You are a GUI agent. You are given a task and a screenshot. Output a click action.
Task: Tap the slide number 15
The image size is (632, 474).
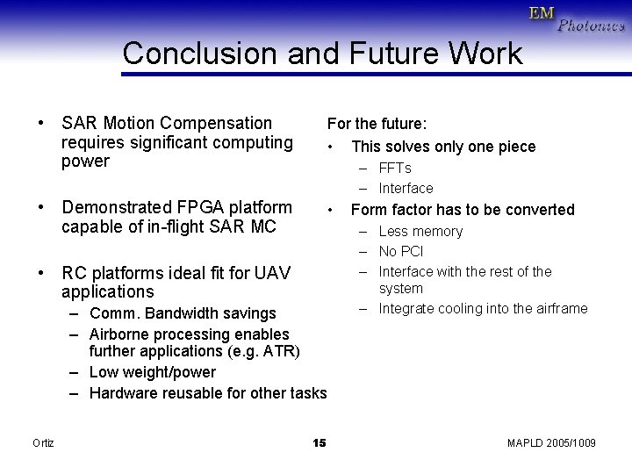(x=319, y=442)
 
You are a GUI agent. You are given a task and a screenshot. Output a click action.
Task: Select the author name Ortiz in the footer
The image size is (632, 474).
(x=43, y=442)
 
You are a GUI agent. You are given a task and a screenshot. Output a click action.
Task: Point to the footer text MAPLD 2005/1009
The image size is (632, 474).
(x=551, y=442)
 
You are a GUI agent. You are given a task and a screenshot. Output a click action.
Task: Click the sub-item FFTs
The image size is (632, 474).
(x=395, y=168)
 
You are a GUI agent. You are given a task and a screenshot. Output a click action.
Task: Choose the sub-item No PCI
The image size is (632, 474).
(x=401, y=251)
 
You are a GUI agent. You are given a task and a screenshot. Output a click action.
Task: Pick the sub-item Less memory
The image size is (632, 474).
(x=420, y=231)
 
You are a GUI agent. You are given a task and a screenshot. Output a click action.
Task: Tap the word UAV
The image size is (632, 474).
(x=272, y=272)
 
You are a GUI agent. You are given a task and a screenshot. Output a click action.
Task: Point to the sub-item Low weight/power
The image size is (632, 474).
(x=153, y=372)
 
